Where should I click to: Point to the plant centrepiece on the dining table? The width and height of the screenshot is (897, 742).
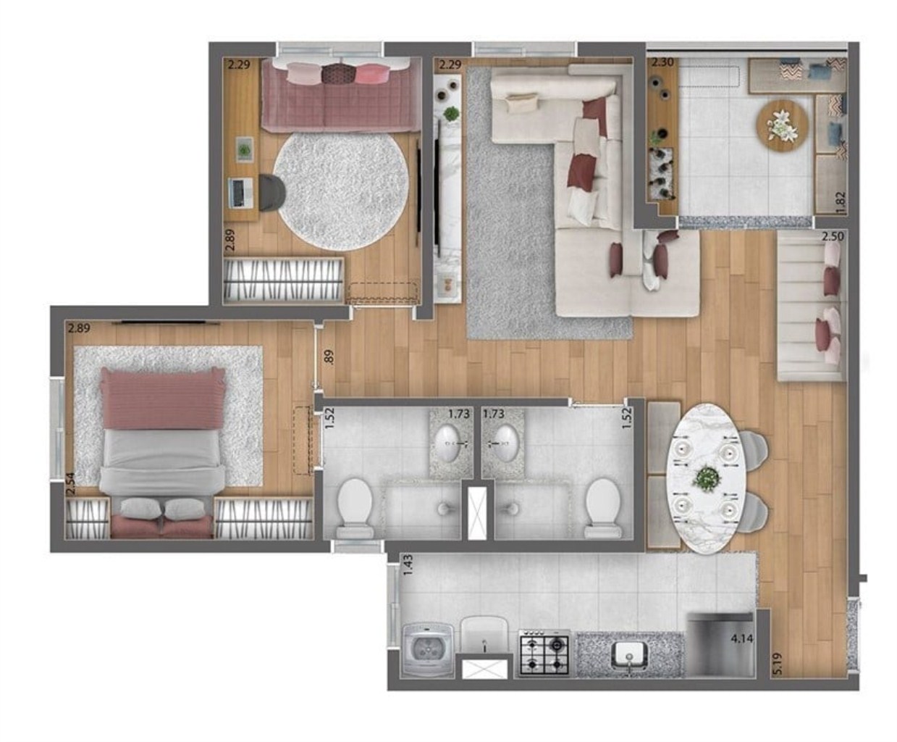click(x=704, y=478)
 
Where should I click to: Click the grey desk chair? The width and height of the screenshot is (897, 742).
click(x=272, y=192)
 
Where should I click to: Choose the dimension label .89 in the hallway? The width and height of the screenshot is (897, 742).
click(x=329, y=357)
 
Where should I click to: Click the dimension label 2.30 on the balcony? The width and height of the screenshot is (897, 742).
click(x=662, y=62)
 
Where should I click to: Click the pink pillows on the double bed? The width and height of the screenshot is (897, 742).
click(x=162, y=399)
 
